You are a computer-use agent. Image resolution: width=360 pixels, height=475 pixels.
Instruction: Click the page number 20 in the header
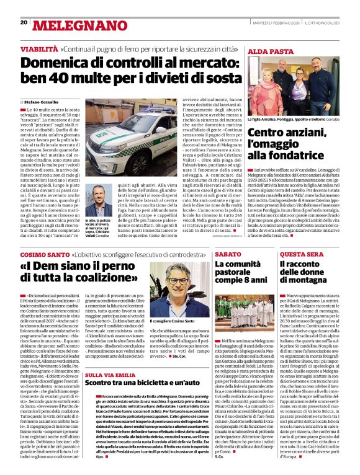(24, 23)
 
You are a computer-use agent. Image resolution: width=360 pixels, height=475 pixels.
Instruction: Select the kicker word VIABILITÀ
(38, 48)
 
